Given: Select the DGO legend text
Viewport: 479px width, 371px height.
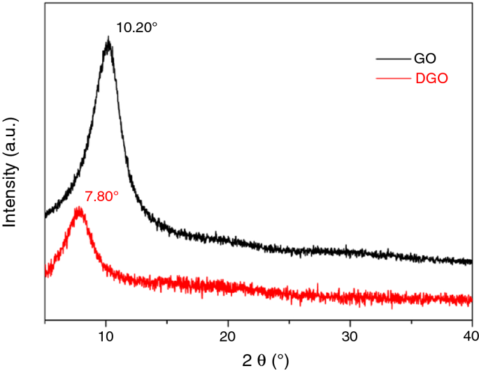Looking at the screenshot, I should click(x=431, y=78).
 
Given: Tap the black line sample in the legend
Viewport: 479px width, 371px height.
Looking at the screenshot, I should click(x=392, y=59).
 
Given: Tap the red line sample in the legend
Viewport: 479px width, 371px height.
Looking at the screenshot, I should click(x=392, y=78).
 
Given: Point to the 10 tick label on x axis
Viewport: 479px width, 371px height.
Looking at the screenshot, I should click(x=106, y=337).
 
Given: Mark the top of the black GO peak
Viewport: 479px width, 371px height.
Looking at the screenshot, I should click(x=108, y=42).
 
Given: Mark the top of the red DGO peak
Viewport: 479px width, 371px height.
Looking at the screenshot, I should click(x=80, y=210).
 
